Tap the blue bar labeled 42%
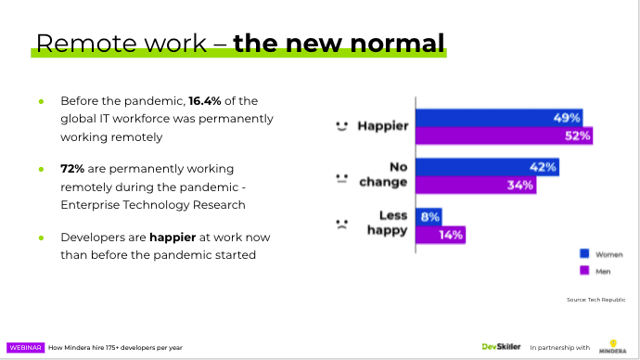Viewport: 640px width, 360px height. pos(486,168)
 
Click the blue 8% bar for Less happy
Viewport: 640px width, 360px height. pos(429,216)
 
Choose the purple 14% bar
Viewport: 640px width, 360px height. pos(440,234)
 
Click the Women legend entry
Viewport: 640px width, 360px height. pos(602,252)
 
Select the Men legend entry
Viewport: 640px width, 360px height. pos(598,270)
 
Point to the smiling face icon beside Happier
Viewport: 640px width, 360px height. pos(341,124)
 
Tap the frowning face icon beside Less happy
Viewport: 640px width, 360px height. pos(341,224)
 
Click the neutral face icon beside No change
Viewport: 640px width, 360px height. pos(341,175)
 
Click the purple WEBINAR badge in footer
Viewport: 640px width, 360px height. pos(26,347)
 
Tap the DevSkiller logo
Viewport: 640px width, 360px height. pos(501,346)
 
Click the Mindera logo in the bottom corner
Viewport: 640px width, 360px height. pos(613,345)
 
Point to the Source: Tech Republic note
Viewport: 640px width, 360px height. pos(595,300)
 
